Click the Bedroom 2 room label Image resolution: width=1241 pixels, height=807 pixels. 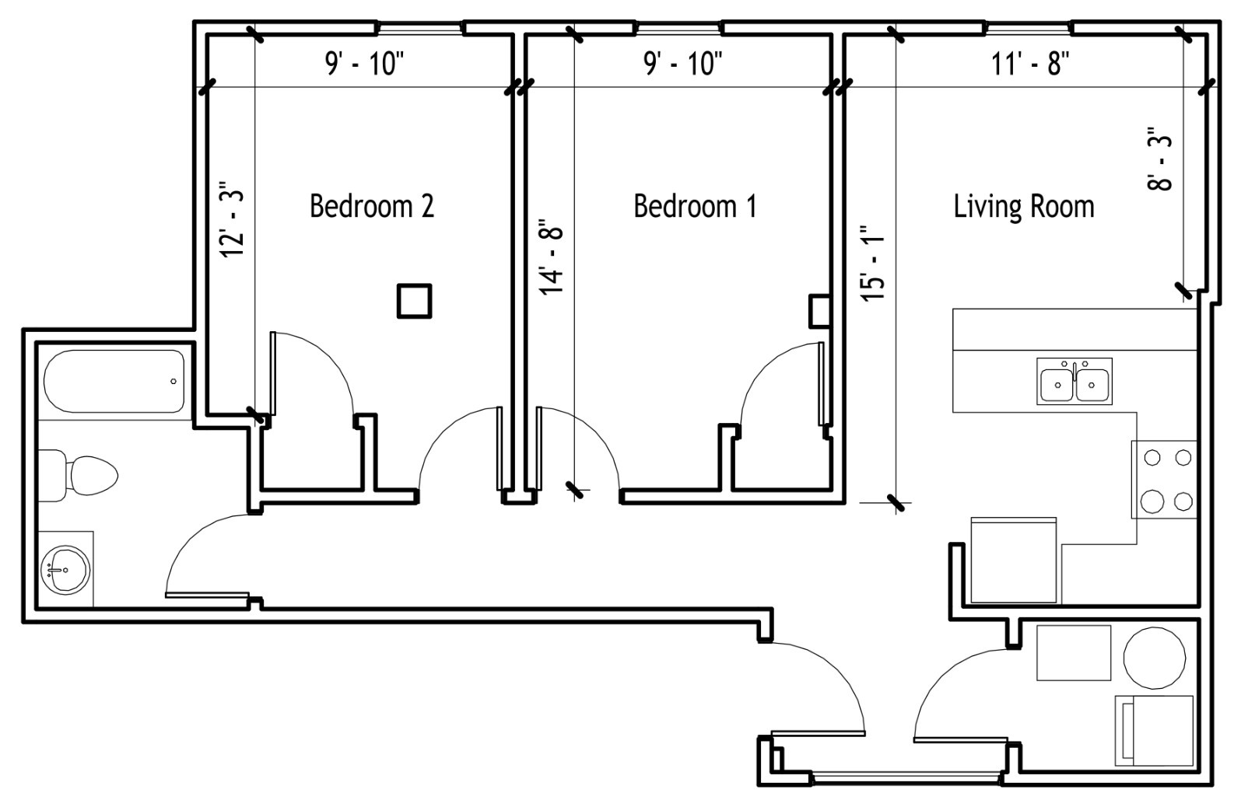372,206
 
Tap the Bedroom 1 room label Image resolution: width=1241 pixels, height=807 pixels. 695,206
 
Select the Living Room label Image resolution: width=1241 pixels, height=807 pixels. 1024,207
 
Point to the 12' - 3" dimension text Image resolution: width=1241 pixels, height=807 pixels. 233,218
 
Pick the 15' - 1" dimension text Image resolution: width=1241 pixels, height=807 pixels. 872,262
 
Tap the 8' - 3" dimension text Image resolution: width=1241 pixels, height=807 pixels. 1159,159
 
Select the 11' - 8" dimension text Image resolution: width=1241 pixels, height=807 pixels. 1030,64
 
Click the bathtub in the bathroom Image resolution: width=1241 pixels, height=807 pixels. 114,381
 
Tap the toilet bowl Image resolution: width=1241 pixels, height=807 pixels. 92,476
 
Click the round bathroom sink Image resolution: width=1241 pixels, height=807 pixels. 66,570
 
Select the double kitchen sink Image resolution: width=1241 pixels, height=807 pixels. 1074,382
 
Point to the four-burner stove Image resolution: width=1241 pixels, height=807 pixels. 1164,480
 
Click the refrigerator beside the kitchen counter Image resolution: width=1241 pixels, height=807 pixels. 1014,560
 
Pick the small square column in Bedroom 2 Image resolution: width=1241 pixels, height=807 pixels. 415,301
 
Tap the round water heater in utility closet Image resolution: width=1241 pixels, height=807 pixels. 1155,658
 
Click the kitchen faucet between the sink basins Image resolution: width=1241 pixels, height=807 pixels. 1074,370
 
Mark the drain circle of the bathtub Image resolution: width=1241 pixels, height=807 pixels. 174,382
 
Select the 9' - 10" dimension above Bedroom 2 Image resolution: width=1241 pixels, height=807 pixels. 365,64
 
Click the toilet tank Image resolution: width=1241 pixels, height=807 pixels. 52,476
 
